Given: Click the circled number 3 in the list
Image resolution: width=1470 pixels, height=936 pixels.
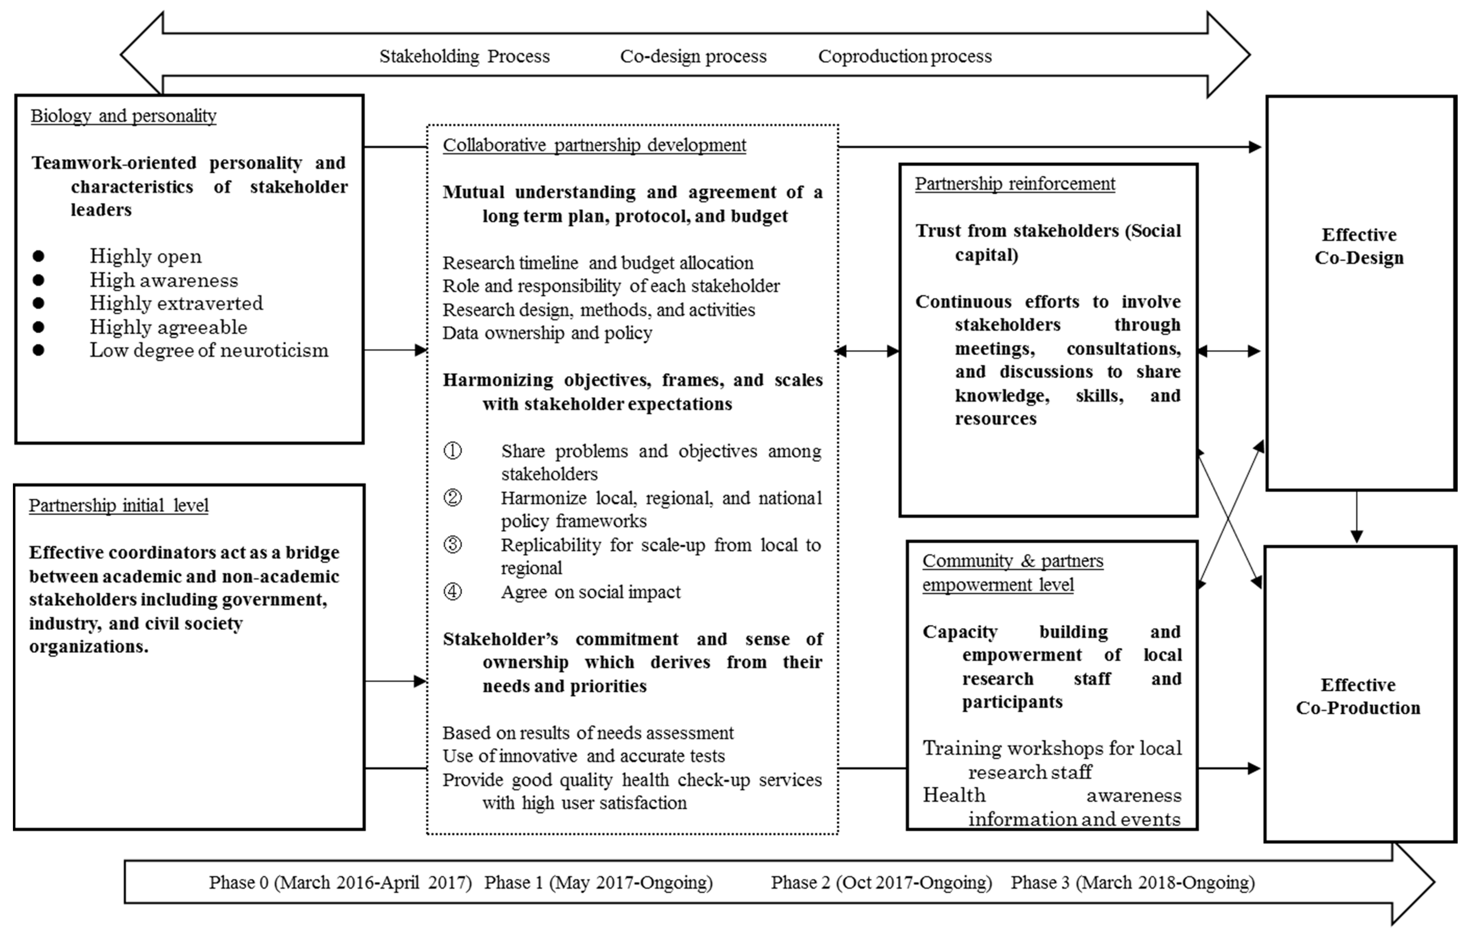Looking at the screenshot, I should (x=452, y=544).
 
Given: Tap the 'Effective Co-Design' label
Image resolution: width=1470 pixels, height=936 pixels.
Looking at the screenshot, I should (x=1359, y=246).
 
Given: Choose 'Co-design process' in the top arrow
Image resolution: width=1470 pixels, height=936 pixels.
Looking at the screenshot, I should (x=693, y=56).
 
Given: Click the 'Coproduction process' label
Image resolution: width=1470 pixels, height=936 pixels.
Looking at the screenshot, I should (x=905, y=56).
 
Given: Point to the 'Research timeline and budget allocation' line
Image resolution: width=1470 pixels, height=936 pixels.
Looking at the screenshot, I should (x=598, y=263).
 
